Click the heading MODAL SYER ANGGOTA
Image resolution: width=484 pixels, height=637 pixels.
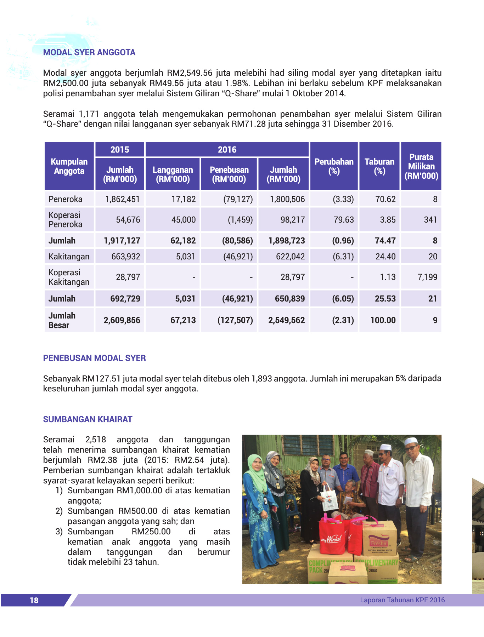tap(89, 52)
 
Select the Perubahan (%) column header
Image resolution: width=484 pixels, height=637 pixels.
tap(334, 166)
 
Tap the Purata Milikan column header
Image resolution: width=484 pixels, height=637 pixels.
tap(421, 166)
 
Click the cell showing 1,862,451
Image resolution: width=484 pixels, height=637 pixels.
tap(122, 199)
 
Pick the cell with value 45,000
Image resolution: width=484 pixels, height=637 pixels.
tap(183, 220)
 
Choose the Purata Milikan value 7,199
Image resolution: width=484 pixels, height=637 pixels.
tap(427, 277)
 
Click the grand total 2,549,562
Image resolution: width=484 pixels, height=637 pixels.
tap(286, 320)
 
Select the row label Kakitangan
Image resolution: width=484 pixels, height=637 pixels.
tap(69, 257)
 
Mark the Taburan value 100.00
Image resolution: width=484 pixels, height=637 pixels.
tap(383, 320)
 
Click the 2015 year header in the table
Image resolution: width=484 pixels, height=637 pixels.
tap(119, 150)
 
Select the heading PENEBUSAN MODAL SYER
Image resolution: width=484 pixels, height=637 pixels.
tap(94, 358)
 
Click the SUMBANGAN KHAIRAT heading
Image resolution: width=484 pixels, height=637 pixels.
tap(88, 419)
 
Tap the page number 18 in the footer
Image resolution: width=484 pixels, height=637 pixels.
tap(34, 600)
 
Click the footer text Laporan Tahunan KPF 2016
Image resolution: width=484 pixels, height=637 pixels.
tap(402, 600)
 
